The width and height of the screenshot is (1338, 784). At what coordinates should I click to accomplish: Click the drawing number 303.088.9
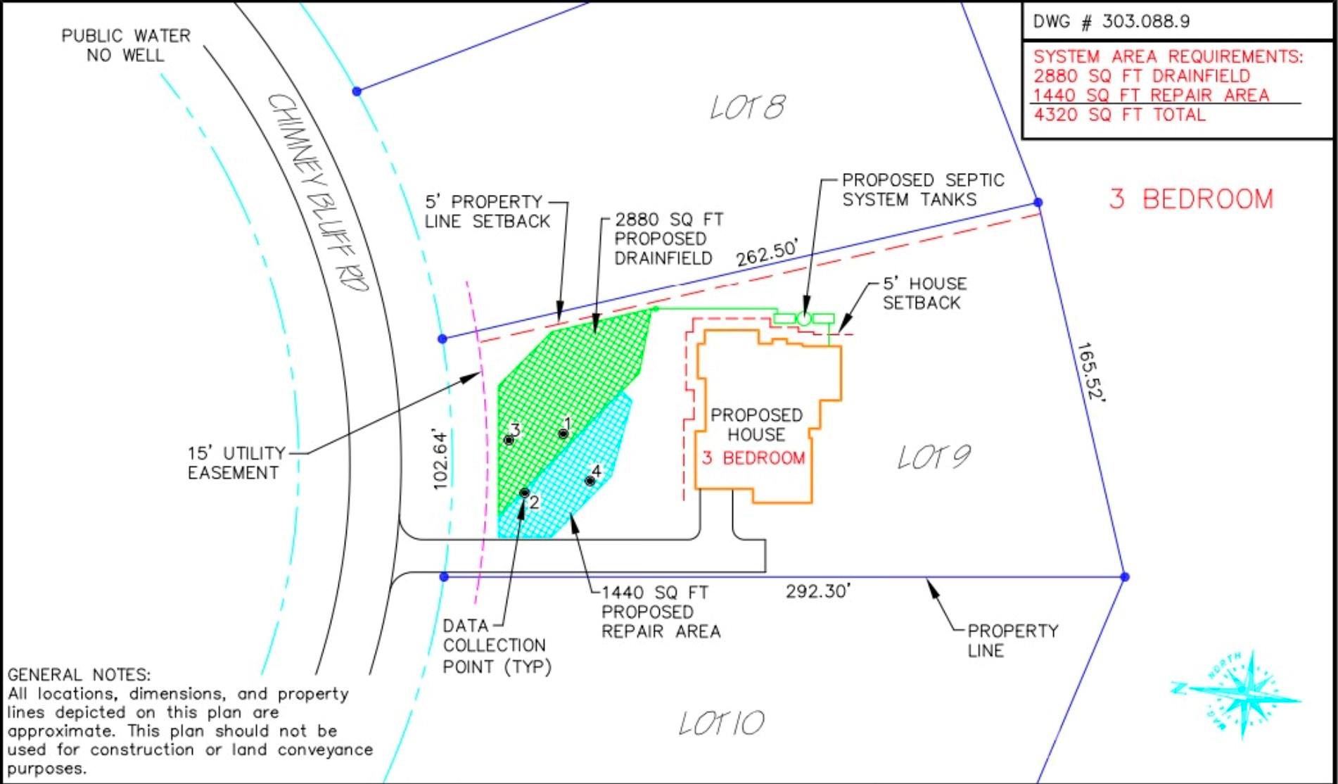(x=1145, y=21)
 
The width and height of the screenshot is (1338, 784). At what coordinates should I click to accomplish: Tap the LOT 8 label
(x=747, y=108)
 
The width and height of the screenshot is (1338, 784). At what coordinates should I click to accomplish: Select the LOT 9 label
(x=934, y=457)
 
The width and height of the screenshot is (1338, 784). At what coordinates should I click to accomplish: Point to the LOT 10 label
(x=721, y=723)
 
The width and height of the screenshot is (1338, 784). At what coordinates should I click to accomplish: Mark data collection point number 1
(x=563, y=434)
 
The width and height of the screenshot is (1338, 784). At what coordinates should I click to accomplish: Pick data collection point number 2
(x=524, y=493)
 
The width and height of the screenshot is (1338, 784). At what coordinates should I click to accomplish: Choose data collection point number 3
(x=509, y=440)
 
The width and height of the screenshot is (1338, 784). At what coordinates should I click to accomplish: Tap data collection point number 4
(x=590, y=481)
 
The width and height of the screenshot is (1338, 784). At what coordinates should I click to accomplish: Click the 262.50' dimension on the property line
(x=767, y=253)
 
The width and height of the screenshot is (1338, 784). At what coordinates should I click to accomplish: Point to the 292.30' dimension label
(x=817, y=591)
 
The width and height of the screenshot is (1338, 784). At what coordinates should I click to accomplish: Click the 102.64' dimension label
(x=440, y=458)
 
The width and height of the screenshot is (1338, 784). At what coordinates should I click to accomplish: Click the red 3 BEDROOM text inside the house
(x=753, y=458)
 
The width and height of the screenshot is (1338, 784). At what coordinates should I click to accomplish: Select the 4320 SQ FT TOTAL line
(x=1119, y=115)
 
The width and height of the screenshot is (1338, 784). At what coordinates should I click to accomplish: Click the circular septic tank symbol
(x=803, y=319)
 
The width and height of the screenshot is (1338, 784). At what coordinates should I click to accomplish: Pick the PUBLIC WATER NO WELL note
(x=126, y=45)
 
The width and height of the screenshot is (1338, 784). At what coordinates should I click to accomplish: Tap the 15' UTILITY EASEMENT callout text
(x=236, y=462)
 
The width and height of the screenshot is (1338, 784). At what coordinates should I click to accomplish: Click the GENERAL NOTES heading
(x=79, y=674)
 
